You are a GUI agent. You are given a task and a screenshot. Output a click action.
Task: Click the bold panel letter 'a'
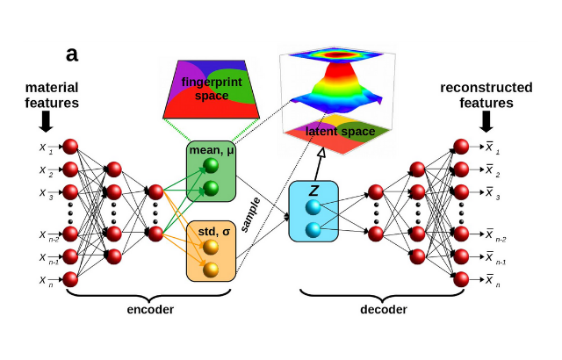[72, 54]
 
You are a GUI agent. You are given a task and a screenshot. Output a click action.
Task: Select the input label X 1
[43, 147]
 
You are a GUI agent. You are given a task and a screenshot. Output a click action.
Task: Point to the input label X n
[43, 280]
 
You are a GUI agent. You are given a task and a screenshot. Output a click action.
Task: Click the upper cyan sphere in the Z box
[313, 206]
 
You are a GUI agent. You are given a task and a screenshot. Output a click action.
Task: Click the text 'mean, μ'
[211, 148]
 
